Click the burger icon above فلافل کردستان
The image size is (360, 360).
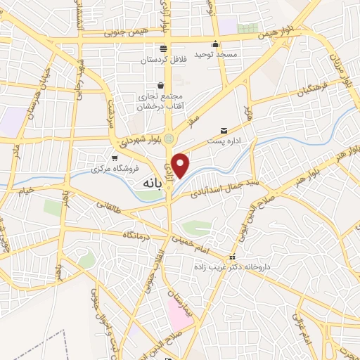point(163,49)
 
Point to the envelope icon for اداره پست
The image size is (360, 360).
point(224,131)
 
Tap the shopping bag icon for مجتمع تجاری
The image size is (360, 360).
point(160,86)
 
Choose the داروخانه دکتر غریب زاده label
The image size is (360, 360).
point(232,267)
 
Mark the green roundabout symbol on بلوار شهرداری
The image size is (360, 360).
point(169,139)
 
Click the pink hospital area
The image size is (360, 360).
point(179,312)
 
